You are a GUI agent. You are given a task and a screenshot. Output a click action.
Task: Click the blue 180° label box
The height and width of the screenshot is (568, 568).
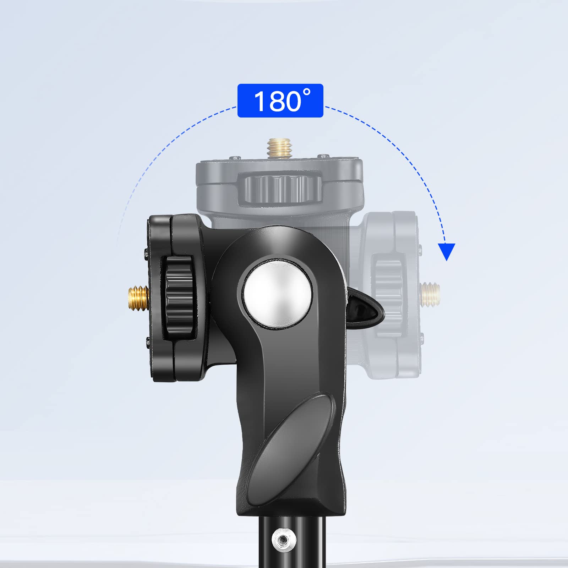tap(280, 100)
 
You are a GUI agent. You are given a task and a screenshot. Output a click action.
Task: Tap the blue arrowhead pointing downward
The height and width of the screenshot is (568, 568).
tap(446, 251)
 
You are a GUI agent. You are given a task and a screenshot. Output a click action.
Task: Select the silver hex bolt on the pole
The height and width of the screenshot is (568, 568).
tap(283, 540)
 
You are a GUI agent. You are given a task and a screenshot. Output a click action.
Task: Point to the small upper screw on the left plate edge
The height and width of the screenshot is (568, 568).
tap(147, 253)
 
